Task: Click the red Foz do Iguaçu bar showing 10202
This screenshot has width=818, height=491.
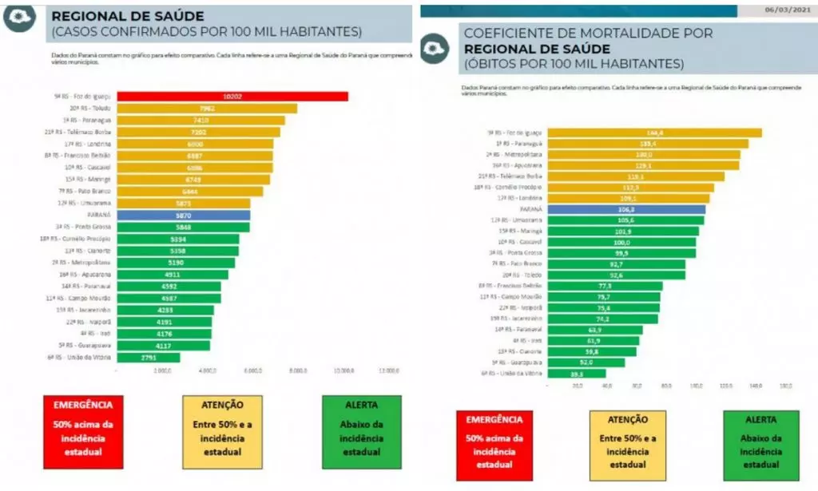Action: [x=232, y=97]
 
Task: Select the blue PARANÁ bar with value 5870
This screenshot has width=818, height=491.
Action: [x=183, y=216]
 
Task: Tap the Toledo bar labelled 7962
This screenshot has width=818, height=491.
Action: [x=207, y=109]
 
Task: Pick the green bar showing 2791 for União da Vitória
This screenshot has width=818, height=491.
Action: [x=149, y=358]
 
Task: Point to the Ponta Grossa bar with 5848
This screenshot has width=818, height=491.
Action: [x=183, y=227]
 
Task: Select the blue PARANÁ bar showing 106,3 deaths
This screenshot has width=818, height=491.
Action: [x=625, y=209]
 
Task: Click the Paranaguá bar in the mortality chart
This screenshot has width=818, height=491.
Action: [x=648, y=144]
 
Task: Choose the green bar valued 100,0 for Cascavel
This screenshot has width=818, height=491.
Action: [x=621, y=242]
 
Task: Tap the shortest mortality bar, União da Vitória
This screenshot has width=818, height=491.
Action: [x=577, y=373]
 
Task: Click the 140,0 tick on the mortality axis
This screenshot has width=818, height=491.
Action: [x=755, y=386]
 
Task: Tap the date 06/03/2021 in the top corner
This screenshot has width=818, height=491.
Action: [x=786, y=9]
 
